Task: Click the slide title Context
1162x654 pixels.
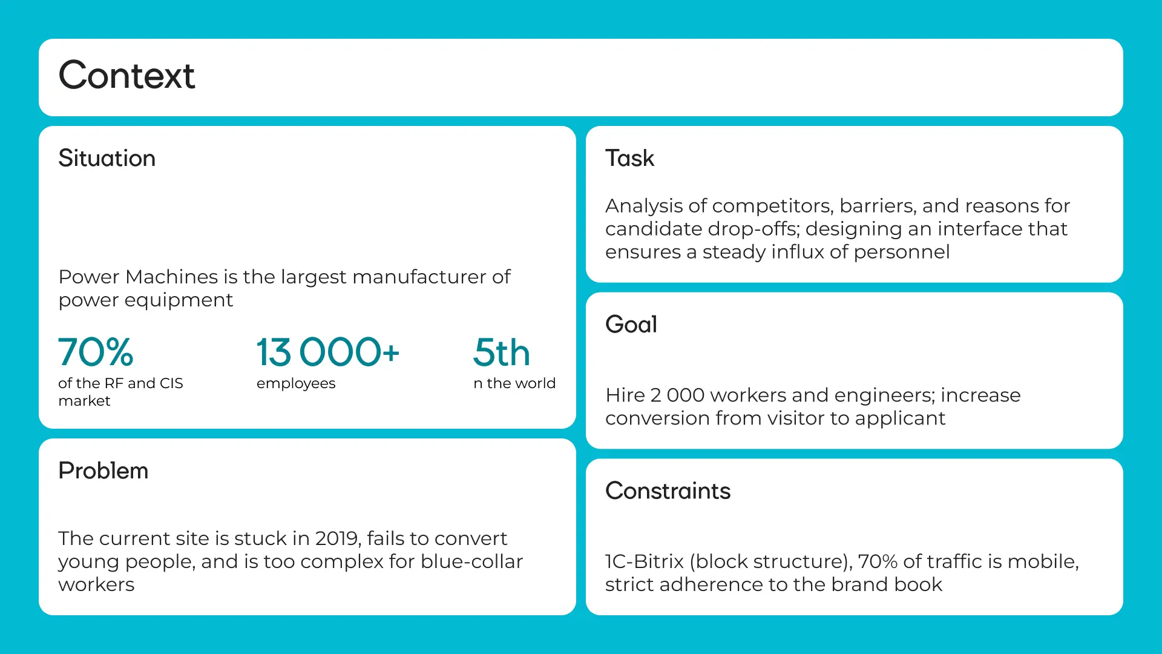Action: click(x=126, y=76)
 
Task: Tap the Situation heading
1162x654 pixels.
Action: click(x=107, y=159)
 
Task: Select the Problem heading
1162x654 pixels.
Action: click(x=103, y=471)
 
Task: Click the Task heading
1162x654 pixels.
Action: click(x=630, y=159)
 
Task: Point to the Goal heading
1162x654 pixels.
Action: click(x=631, y=325)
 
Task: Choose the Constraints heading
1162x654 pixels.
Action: click(x=668, y=491)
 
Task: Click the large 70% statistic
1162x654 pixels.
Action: click(x=96, y=352)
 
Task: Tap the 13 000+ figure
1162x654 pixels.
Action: click(x=328, y=352)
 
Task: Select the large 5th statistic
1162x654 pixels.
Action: click(x=502, y=352)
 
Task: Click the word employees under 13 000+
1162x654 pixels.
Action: click(x=296, y=384)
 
